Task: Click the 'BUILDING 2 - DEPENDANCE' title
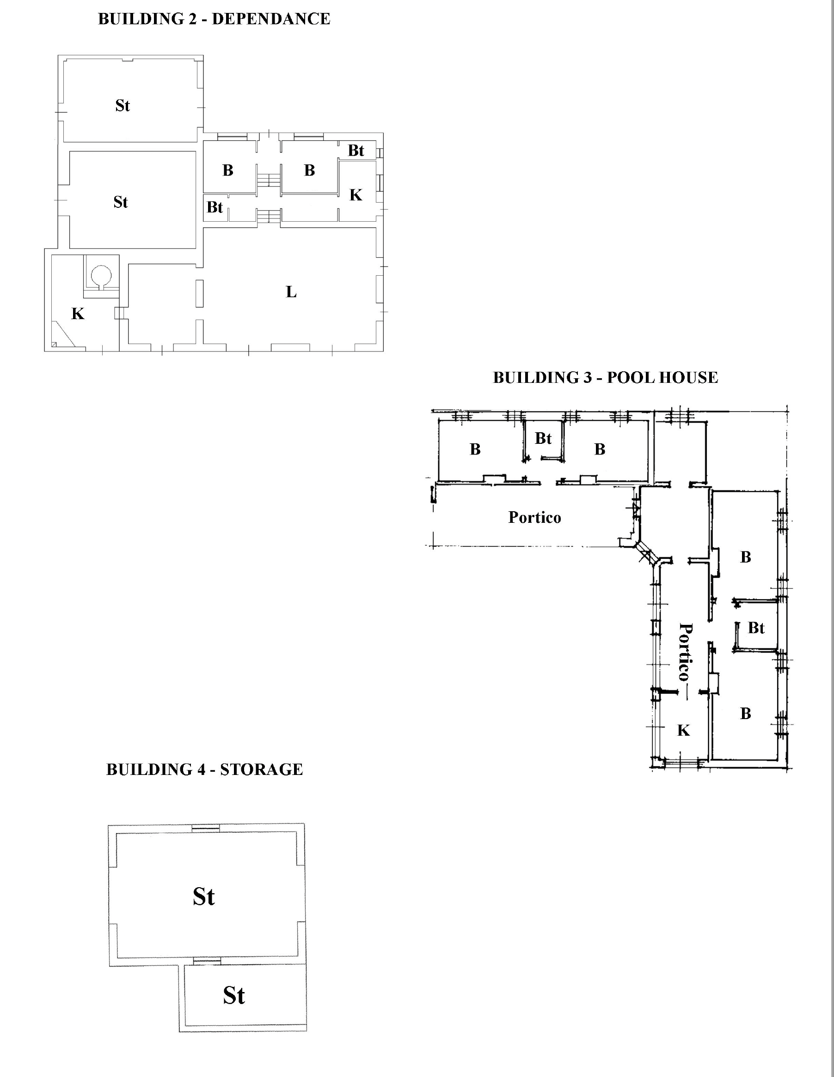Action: point(214,19)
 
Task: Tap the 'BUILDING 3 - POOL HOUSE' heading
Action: point(606,377)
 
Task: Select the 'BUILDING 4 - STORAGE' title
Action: point(205,769)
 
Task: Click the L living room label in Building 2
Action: point(291,292)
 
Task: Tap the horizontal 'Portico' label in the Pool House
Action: point(535,517)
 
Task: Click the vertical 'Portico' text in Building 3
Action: point(686,652)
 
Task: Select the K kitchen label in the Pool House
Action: point(683,730)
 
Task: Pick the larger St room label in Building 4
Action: point(204,896)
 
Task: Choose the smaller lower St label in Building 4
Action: point(234,995)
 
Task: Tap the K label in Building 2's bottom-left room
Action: point(78,314)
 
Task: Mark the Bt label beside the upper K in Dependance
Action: point(356,151)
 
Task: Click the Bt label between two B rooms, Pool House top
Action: point(543,438)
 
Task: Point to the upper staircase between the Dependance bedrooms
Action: point(269,180)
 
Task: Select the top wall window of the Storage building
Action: point(206,829)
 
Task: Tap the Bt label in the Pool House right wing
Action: point(756,628)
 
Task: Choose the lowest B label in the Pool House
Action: point(746,713)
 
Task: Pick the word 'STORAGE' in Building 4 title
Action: point(262,769)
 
